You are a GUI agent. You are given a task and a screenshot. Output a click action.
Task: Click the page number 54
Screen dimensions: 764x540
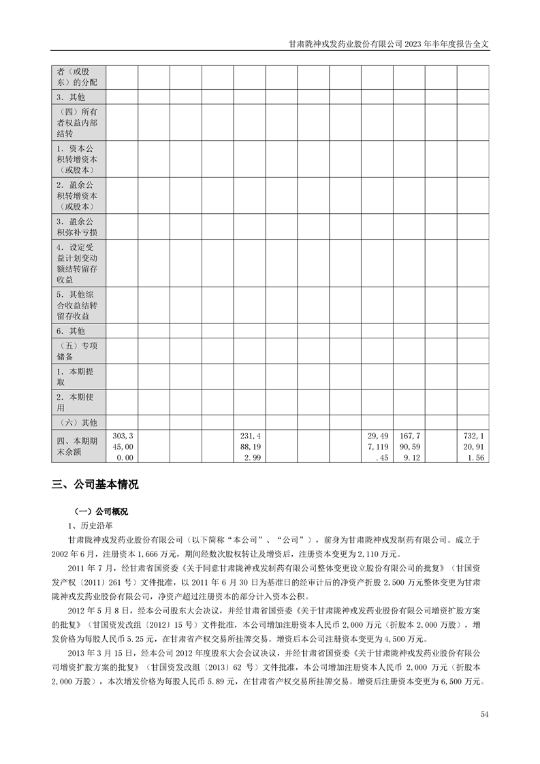coord(484,714)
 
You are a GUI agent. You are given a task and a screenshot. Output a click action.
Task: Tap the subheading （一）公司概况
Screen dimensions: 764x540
coord(101,511)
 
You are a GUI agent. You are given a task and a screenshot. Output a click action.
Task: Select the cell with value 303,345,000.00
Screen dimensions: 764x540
coord(123,446)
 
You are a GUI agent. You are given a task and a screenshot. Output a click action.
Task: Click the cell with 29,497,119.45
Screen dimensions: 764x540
coord(377,446)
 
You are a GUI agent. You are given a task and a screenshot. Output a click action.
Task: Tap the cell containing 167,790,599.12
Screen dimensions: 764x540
coord(409,446)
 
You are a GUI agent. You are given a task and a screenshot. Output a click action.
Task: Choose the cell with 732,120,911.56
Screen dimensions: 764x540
coord(473,446)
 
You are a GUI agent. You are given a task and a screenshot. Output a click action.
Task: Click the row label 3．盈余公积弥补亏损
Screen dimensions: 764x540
coord(78,227)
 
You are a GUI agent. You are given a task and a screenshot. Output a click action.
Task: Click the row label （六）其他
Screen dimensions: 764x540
coord(78,422)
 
